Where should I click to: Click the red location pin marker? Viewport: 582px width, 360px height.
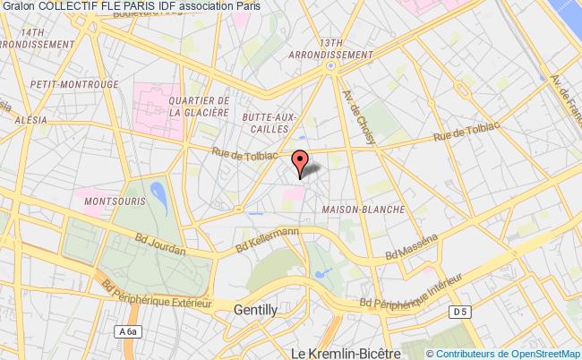[x=301, y=162]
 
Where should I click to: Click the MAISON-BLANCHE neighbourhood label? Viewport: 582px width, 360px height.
[x=362, y=209]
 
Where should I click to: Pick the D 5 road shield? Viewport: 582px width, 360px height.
[x=459, y=311]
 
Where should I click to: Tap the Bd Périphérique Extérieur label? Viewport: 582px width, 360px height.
[x=156, y=292]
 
